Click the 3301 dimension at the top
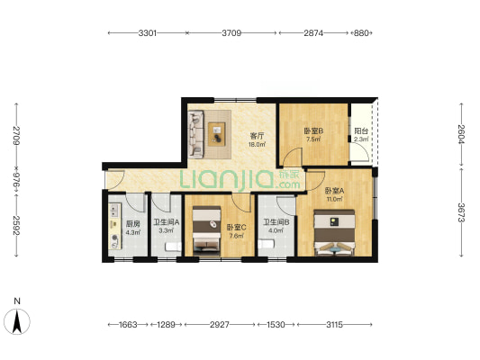pyautogui.click(x=148, y=32)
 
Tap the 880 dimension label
pyautogui.click(x=361, y=32)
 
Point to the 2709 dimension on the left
pyautogui.click(x=16, y=135)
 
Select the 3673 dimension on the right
pyautogui.click(x=462, y=212)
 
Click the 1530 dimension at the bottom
pyautogui.click(x=276, y=325)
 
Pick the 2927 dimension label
pyautogui.click(x=220, y=325)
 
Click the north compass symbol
pyautogui.click(x=17, y=321)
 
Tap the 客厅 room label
pyautogui.click(x=257, y=136)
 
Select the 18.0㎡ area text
pyautogui.click(x=257, y=144)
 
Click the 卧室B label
pyautogui.click(x=313, y=130)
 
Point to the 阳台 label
pyautogui.click(x=361, y=130)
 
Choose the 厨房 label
pyautogui.click(x=133, y=224)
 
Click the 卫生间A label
pyautogui.click(x=167, y=222)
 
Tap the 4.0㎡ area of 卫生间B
pyautogui.click(x=276, y=230)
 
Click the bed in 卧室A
pyautogui.click(x=335, y=233)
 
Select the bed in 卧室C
pyautogui.click(x=206, y=231)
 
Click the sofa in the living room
pyautogui.click(x=195, y=134)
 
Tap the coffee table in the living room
pyautogui.click(x=217, y=134)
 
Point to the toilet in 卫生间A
pyautogui.click(x=173, y=247)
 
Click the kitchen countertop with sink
pyautogui.click(x=114, y=226)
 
